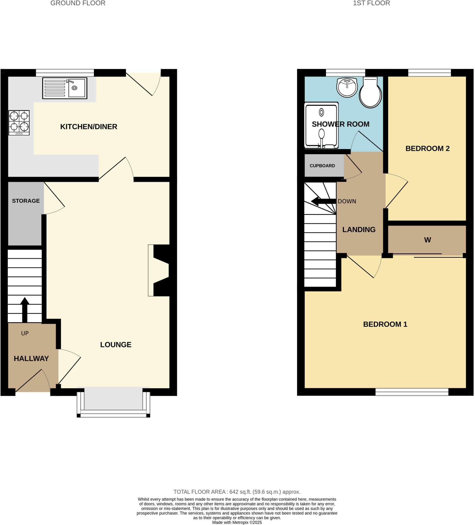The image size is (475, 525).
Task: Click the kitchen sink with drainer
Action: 65,88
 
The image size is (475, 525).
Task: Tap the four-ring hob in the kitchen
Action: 19,123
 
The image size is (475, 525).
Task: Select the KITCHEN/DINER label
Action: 89,127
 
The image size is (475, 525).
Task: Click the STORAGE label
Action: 26,201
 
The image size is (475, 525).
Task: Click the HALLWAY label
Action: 31,359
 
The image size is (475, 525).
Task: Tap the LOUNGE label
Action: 116,345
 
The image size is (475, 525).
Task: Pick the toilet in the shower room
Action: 370,93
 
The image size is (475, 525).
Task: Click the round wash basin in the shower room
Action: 347,87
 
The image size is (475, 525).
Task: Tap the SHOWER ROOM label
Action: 341,124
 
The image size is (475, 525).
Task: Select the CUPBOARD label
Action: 322,166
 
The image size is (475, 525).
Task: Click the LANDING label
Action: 359,230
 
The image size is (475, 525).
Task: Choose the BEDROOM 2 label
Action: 427,149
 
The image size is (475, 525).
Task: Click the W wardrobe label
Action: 427,240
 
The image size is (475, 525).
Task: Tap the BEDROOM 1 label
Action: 385,325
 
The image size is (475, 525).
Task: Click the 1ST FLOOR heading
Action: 371,3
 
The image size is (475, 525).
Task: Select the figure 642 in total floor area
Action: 234,492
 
